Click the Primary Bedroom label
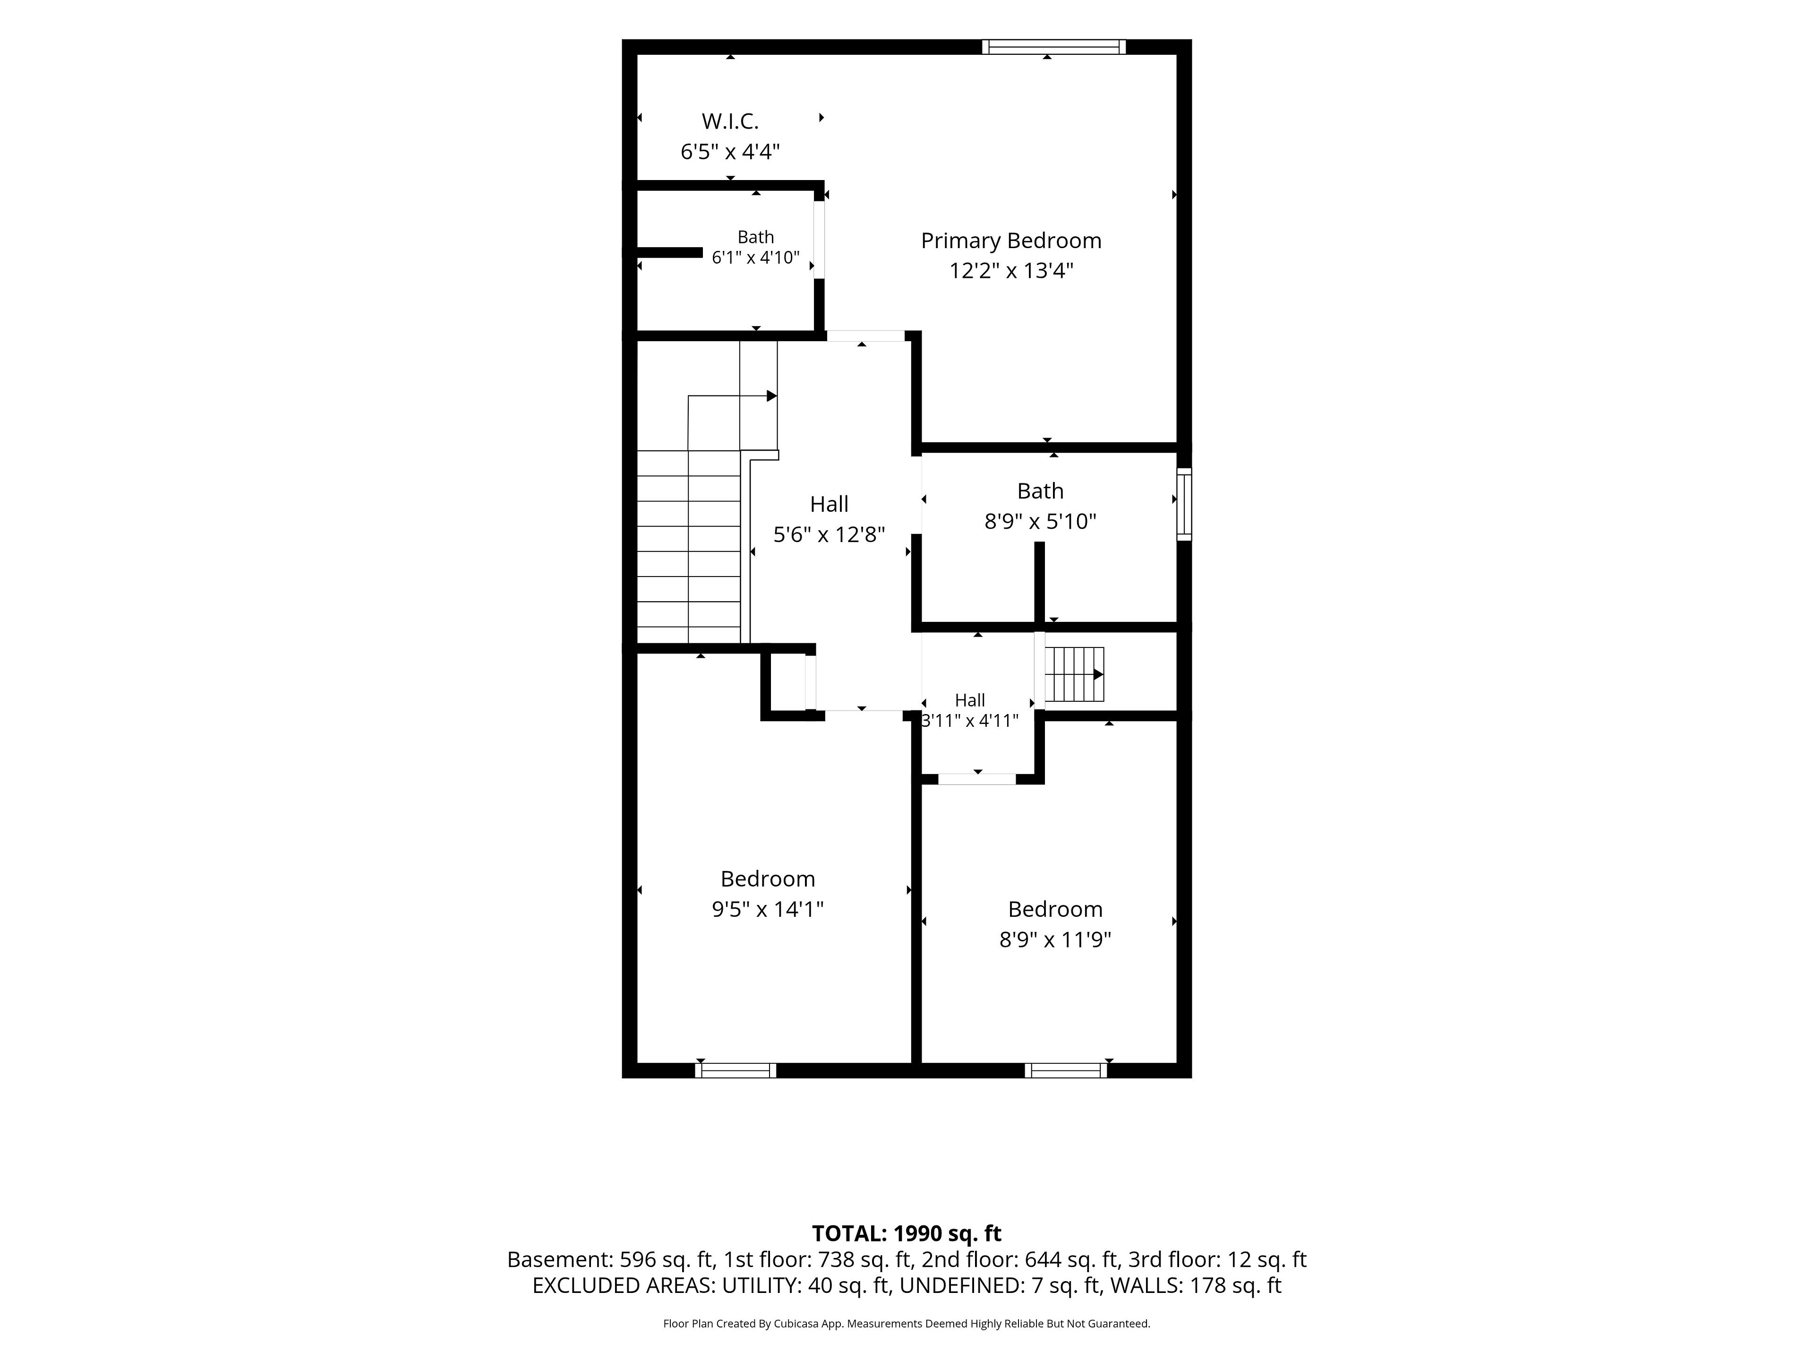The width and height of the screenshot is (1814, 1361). pos(1010,241)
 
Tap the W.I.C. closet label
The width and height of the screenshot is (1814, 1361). pos(730,121)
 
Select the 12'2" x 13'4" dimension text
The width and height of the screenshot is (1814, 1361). pos(1011,271)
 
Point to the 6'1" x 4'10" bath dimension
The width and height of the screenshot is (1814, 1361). pos(755,258)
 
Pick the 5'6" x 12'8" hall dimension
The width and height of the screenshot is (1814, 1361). pos(829,535)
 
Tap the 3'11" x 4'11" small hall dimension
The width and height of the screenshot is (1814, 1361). pos(970,720)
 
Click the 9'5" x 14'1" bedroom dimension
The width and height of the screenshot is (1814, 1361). pos(768,909)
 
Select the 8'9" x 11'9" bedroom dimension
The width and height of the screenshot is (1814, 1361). pos(1054,939)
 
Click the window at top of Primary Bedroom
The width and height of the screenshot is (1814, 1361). pos(1054,47)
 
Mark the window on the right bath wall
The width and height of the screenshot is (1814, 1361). pos(1184,504)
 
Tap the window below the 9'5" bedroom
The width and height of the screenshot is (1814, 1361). pos(736,1070)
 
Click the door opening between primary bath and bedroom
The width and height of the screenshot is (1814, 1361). pos(819,240)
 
